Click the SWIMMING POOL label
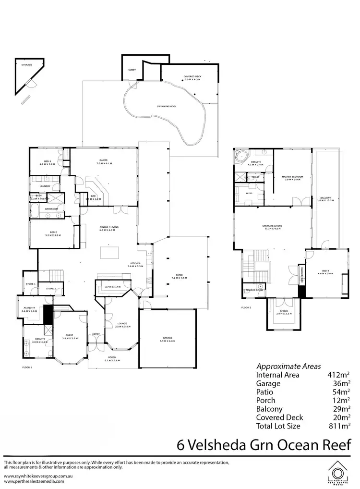(x=167, y=106)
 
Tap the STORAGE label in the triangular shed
(x=26, y=64)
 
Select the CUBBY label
(x=132, y=70)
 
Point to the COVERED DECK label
(x=192, y=76)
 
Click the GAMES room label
(x=103, y=160)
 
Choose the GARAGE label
(x=168, y=338)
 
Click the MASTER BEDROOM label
(x=292, y=177)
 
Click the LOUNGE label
(x=121, y=324)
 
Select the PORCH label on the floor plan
(x=113, y=357)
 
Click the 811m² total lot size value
(x=340, y=426)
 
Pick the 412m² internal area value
(x=340, y=375)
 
